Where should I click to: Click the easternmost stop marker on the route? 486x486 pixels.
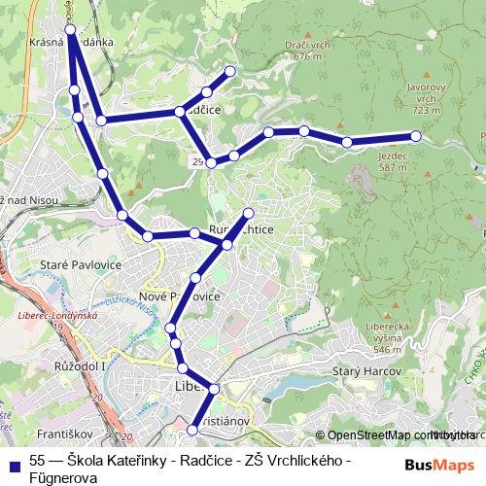point(416,137)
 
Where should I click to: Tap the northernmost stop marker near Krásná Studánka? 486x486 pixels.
point(70,31)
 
